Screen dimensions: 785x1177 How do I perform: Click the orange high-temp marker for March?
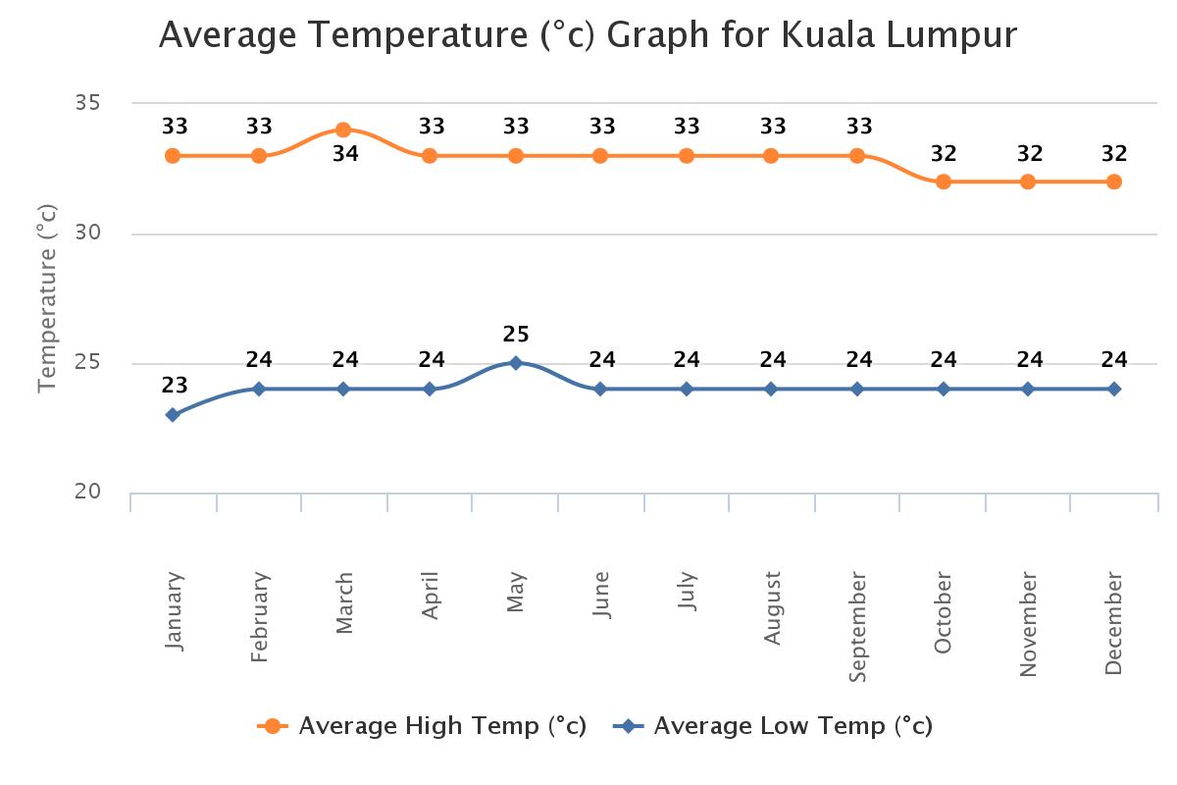pyautogui.click(x=343, y=130)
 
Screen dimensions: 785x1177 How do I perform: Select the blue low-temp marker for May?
pyautogui.click(x=516, y=363)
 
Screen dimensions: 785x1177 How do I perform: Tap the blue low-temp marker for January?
pyautogui.click(x=173, y=414)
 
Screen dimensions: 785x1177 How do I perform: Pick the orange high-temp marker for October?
pyautogui.click(x=944, y=182)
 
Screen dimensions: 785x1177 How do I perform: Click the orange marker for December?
pyautogui.click(x=1114, y=182)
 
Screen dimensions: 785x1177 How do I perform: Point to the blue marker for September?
pyautogui.click(x=857, y=389)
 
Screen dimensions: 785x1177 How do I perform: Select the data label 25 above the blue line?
pyautogui.click(x=516, y=335)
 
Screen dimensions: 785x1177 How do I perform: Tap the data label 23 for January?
pyautogui.click(x=175, y=386)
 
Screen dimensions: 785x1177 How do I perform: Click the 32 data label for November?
pyautogui.click(x=1029, y=154)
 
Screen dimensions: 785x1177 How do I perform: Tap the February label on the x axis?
pyautogui.click(x=259, y=617)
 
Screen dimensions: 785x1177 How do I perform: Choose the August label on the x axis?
pyautogui.click(x=773, y=608)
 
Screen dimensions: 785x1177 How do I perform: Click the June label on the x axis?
pyautogui.click(x=601, y=595)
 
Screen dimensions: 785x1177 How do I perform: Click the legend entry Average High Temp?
pyautogui.click(x=441, y=726)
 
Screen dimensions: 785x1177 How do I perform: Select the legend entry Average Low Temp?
pyautogui.click(x=793, y=726)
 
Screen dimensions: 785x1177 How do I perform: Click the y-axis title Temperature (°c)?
pyautogui.click(x=47, y=297)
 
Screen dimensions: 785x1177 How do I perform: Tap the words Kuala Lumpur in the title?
pyautogui.click(x=899, y=35)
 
